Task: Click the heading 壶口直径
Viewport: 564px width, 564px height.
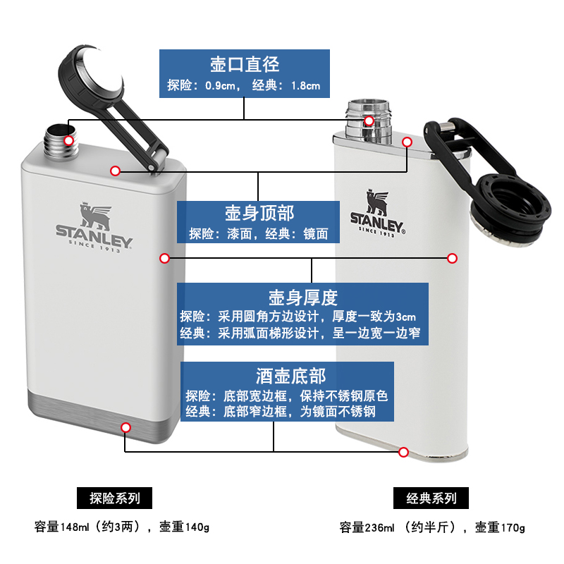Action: tap(245, 64)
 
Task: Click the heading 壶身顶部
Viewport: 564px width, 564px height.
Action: tap(259, 213)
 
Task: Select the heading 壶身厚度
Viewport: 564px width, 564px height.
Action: tap(302, 296)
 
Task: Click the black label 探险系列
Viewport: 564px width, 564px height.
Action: tap(115, 498)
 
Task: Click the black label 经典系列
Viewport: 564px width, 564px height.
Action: tap(432, 498)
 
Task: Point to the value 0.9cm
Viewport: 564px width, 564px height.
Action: tap(221, 87)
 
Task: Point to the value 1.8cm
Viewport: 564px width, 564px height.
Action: tap(305, 87)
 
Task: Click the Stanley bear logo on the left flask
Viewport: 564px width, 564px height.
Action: tap(94, 212)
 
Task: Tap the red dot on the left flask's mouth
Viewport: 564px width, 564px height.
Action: tap(68, 141)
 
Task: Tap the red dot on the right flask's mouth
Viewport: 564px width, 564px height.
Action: tap(369, 121)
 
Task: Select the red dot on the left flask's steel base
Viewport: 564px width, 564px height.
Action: tap(126, 427)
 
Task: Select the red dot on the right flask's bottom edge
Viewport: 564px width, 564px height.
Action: tap(404, 452)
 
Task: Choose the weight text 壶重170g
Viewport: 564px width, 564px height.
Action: tap(500, 527)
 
